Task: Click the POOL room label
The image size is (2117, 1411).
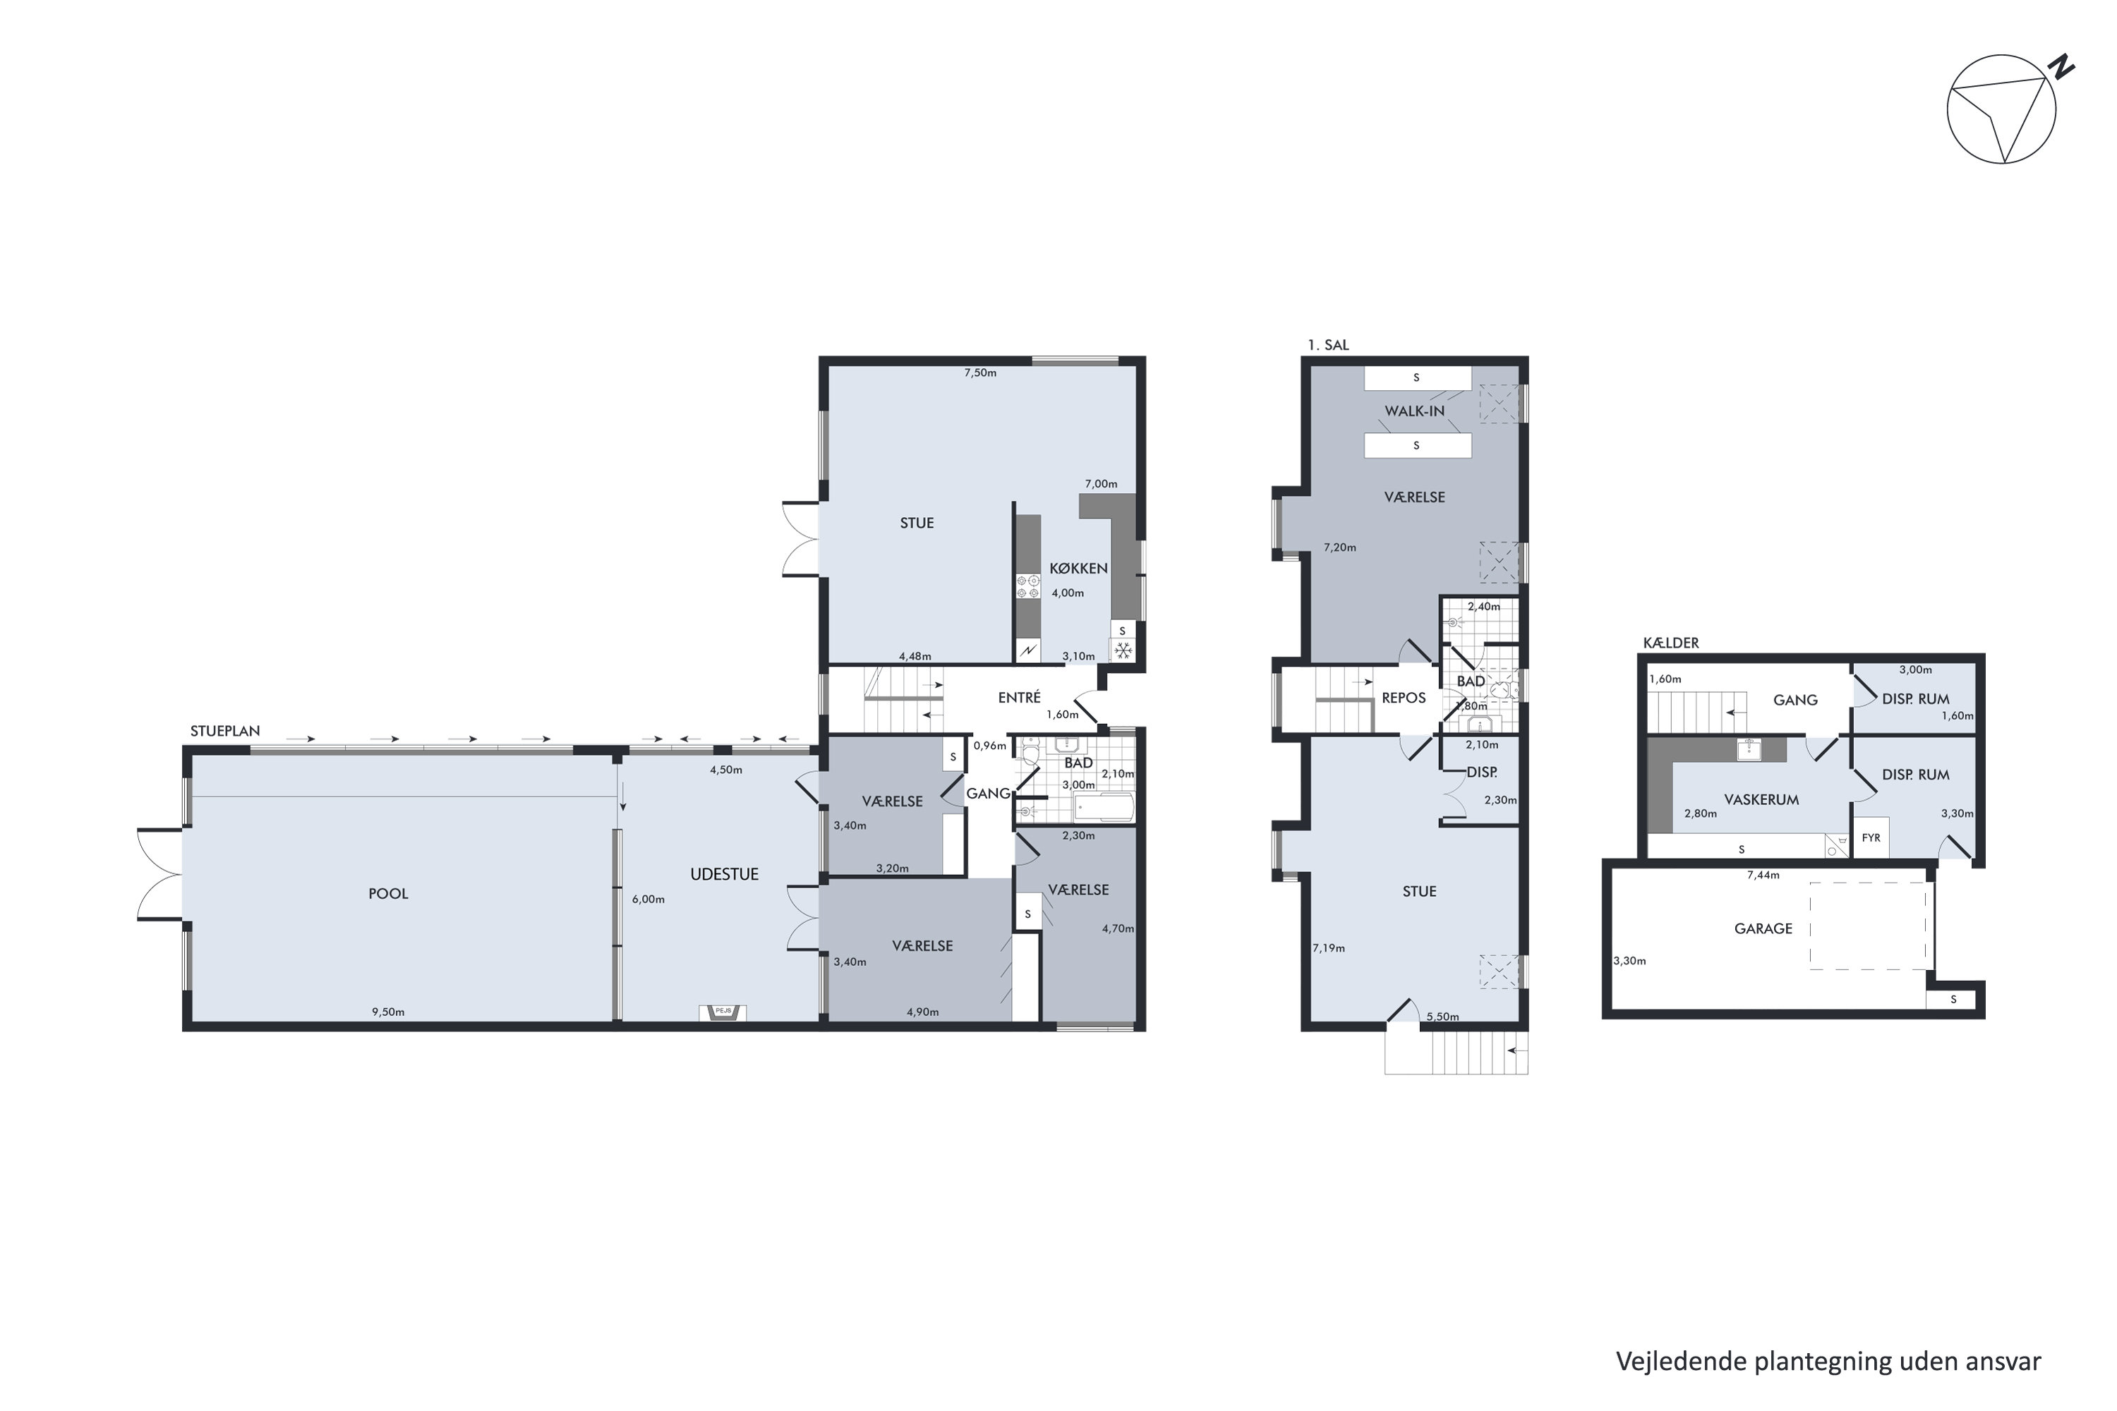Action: pyautogui.click(x=388, y=894)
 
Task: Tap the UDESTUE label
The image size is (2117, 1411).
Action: pyautogui.click(x=724, y=874)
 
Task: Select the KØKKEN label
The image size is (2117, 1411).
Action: pyautogui.click(x=1078, y=569)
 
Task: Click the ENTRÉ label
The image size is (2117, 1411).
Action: pyautogui.click(x=1019, y=698)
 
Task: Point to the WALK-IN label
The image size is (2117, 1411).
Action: pyautogui.click(x=1414, y=411)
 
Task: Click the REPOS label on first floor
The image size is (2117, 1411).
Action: pyautogui.click(x=1404, y=698)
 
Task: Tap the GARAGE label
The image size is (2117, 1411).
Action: pyautogui.click(x=1763, y=928)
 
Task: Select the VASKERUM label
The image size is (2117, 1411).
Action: pyautogui.click(x=1761, y=799)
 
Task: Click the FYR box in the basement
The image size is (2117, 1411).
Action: pyautogui.click(x=1871, y=838)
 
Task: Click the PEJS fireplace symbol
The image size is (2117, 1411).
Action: pyautogui.click(x=723, y=1012)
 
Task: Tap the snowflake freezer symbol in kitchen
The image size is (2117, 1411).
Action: pyautogui.click(x=1123, y=650)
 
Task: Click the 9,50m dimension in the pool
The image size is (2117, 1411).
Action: pyautogui.click(x=388, y=1012)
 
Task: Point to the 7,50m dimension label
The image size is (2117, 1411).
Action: pyautogui.click(x=980, y=373)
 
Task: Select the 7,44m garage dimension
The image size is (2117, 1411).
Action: pyautogui.click(x=1762, y=875)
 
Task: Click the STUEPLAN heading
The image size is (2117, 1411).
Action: pyautogui.click(x=224, y=732)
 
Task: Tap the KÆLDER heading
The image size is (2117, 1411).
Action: pyautogui.click(x=1670, y=643)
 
